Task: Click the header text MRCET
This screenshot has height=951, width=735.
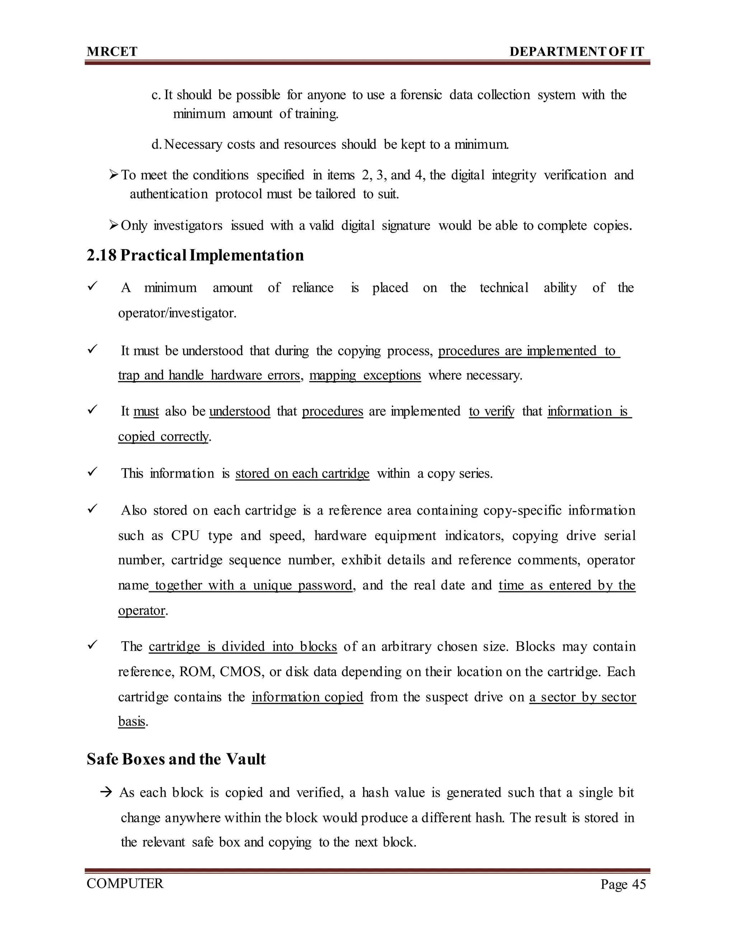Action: tap(112, 52)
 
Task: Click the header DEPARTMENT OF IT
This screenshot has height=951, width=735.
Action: tap(576, 52)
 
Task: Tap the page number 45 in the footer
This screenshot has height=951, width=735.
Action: tap(639, 884)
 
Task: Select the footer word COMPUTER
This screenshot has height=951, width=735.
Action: tap(125, 884)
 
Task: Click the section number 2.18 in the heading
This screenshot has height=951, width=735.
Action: tap(102, 255)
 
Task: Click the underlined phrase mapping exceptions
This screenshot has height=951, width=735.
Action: tap(365, 375)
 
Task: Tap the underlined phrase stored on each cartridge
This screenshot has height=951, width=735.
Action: tap(302, 473)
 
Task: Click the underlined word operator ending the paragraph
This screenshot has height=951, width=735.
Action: tap(141, 610)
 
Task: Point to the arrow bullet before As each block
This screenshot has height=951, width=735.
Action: tap(106, 792)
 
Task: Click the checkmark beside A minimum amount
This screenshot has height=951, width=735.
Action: tap(92, 287)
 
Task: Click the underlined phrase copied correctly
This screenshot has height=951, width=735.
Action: tap(163, 436)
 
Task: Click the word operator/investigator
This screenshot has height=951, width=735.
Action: tap(177, 313)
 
